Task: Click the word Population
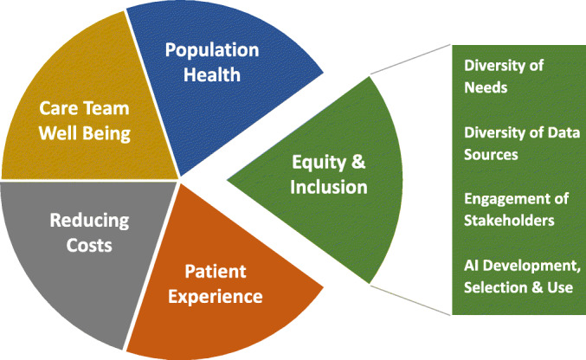[212, 51]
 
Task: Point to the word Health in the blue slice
[212, 74]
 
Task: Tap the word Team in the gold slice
[106, 108]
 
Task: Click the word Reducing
[89, 222]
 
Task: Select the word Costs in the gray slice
[89, 245]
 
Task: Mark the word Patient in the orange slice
[216, 272]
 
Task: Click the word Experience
[216, 297]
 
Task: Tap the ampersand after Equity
[358, 162]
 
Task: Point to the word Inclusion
[329, 187]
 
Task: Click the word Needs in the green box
[486, 88]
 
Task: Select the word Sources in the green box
[491, 155]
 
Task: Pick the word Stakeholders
[509, 221]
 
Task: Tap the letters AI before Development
[469, 266]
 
